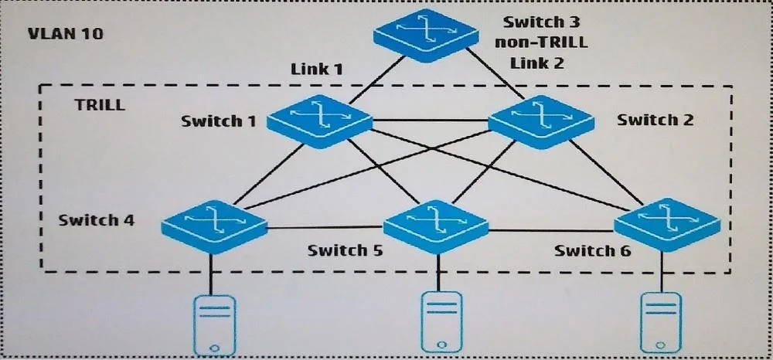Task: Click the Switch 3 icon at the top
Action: click(x=425, y=36)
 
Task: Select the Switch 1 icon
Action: click(x=319, y=121)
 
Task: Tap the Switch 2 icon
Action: click(x=541, y=121)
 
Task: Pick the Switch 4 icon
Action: click(x=214, y=226)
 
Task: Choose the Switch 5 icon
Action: click(x=436, y=226)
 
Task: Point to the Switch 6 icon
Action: click(x=667, y=225)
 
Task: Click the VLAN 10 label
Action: click(x=66, y=34)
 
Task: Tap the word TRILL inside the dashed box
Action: click(x=100, y=105)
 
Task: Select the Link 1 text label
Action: click(x=316, y=69)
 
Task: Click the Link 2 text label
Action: click(x=537, y=63)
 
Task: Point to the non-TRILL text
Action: click(x=541, y=42)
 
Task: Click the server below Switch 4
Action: click(x=214, y=325)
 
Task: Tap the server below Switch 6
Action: click(x=662, y=323)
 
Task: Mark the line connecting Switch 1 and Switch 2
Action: click(x=431, y=120)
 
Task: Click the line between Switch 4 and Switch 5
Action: click(x=325, y=228)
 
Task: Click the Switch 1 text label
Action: click(x=219, y=121)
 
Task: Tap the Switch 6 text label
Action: click(x=592, y=250)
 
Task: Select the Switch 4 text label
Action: click(x=96, y=219)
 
